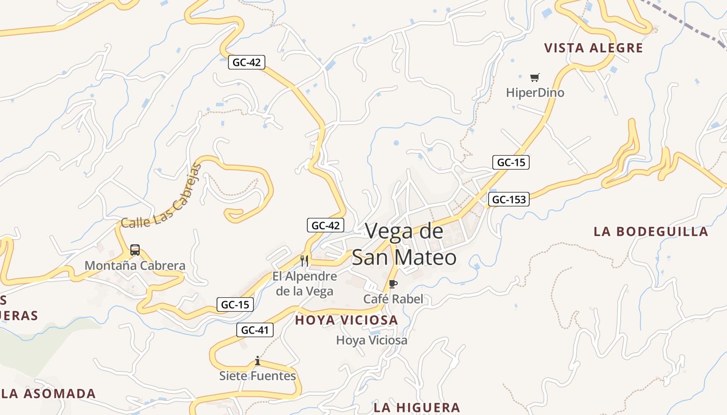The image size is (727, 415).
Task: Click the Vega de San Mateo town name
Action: pyautogui.click(x=404, y=244)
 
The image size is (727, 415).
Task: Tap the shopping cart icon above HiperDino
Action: pyautogui.click(x=535, y=78)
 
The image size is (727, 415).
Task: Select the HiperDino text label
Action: pyautogui.click(x=535, y=93)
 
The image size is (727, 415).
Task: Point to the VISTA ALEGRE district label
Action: pyautogui.click(x=594, y=48)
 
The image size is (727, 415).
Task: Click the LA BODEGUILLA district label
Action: pyautogui.click(x=651, y=231)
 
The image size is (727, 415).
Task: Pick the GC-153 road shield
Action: pyautogui.click(x=508, y=199)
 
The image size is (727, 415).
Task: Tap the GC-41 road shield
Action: pyautogui.click(x=255, y=329)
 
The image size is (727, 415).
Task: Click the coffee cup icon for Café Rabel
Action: pyautogui.click(x=393, y=284)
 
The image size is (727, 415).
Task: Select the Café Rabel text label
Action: pyautogui.click(x=393, y=299)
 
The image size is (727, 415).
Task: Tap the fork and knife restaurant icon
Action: pyautogui.click(x=304, y=260)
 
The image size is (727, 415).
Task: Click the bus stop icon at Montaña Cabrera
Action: pyautogui.click(x=135, y=250)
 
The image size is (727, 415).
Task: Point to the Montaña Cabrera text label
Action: pyautogui.click(x=135, y=266)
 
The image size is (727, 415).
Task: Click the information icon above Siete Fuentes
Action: pyautogui.click(x=257, y=361)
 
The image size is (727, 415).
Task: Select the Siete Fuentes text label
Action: pyautogui.click(x=258, y=376)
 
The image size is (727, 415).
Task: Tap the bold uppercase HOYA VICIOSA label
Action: pyautogui.click(x=346, y=321)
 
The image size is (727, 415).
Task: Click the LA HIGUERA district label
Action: pyautogui.click(x=416, y=407)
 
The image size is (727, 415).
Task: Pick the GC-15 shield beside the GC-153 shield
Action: pyautogui.click(x=511, y=162)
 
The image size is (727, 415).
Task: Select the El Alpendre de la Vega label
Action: pyautogui.click(x=305, y=284)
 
